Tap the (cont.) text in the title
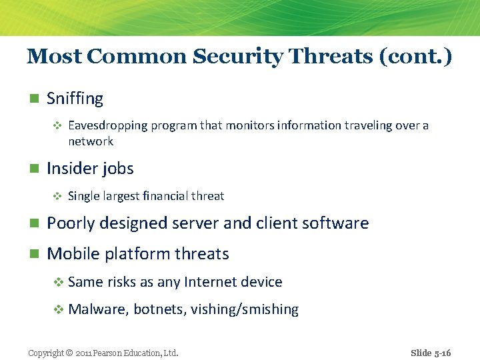tap(415, 57)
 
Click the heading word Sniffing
tap(75, 99)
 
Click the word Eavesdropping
tap(107, 125)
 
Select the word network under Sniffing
tap(91, 141)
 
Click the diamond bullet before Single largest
tap(57, 196)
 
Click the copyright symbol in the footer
tap(69, 353)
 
